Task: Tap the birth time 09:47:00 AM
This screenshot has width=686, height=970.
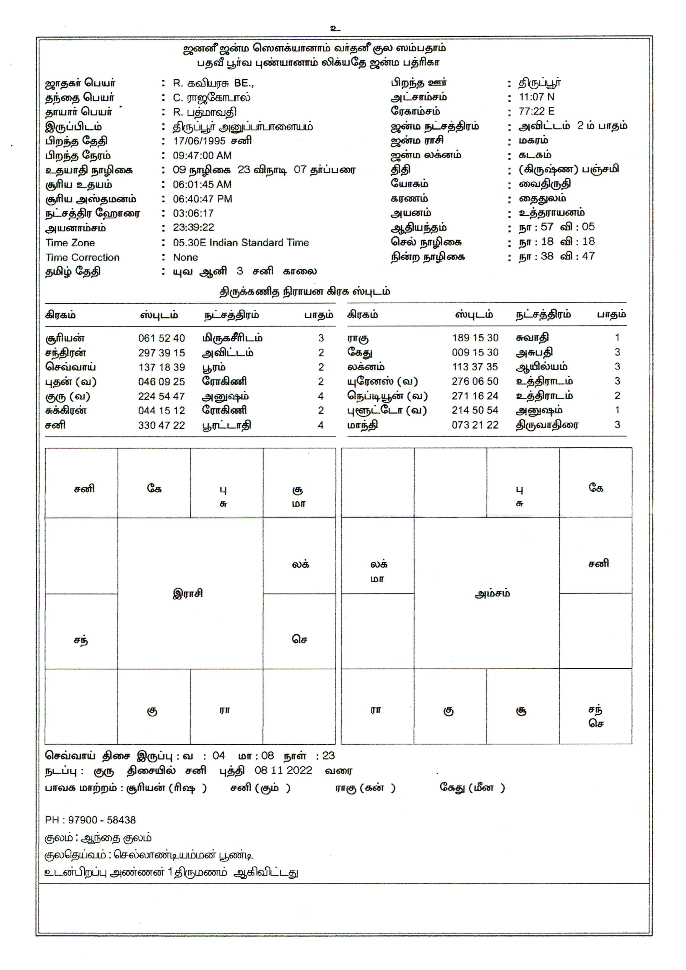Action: [202, 155]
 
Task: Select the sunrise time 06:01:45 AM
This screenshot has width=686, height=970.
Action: [202, 185]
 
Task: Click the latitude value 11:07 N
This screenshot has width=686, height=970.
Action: [536, 97]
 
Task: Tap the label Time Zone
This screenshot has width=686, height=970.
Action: [70, 243]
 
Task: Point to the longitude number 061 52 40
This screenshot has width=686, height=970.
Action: [162, 338]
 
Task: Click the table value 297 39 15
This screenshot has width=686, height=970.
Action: [162, 353]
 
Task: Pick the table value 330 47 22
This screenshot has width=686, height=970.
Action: [162, 426]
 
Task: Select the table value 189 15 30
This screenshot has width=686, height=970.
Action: [475, 338]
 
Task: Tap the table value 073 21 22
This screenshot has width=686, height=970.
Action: [475, 425]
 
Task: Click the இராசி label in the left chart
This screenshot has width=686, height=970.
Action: [188, 593]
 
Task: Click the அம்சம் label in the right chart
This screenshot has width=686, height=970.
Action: [492, 593]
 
